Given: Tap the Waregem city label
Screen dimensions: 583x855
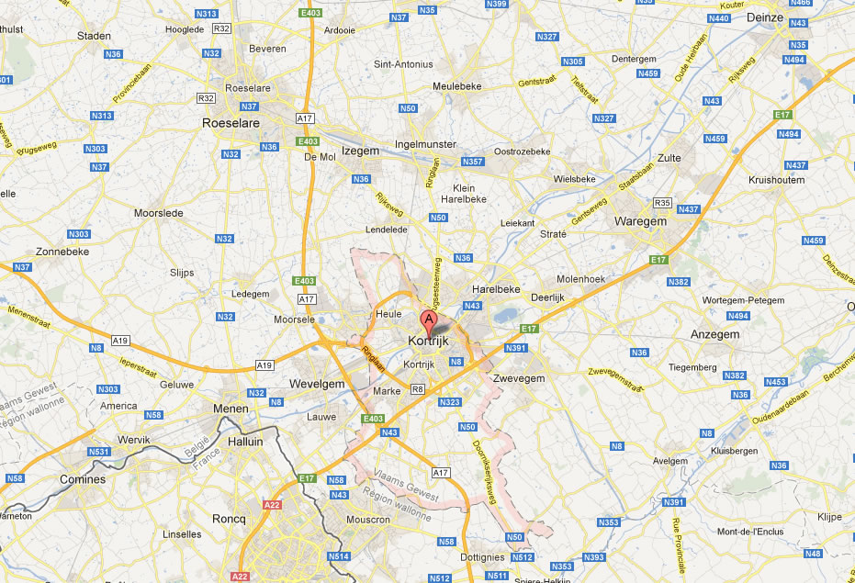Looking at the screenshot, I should [x=640, y=221].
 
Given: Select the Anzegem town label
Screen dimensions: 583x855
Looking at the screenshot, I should [x=714, y=335].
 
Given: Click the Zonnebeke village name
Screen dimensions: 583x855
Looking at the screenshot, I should [x=62, y=251].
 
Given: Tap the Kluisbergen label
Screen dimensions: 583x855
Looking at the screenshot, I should [x=739, y=452].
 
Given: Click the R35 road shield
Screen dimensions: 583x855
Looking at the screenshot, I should [x=663, y=202].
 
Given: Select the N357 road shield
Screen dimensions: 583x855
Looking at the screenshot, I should [x=472, y=162].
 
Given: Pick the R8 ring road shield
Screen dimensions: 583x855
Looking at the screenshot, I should [x=418, y=389].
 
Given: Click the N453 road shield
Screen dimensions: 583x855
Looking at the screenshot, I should [x=776, y=381].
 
